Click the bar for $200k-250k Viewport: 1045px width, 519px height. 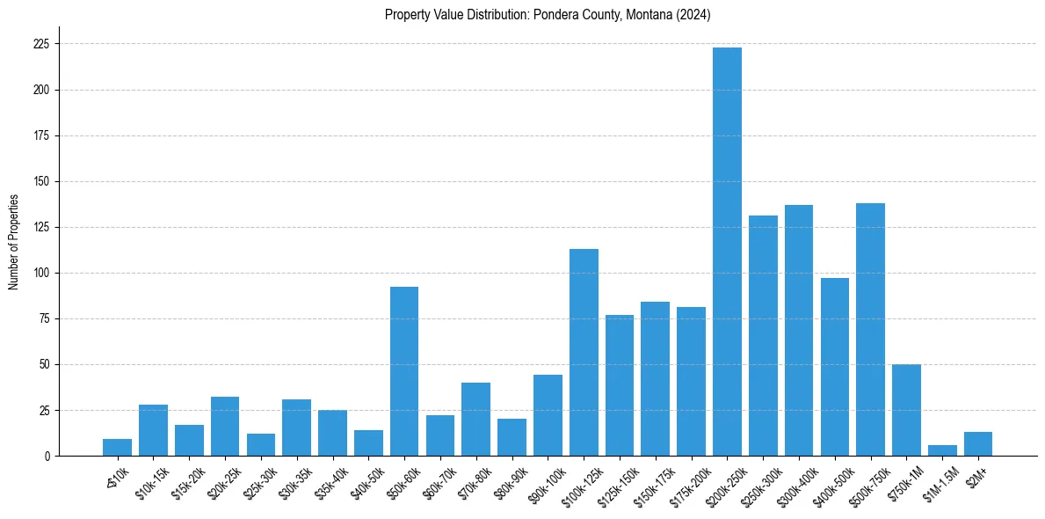pos(727,252)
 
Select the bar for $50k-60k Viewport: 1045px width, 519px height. pos(404,371)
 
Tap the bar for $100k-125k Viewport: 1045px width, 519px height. pos(584,352)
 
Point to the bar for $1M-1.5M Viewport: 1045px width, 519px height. pos(942,450)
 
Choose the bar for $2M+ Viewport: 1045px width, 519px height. pos(978,444)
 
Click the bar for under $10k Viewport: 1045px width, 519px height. pos(117,448)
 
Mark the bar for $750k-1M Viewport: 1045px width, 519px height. pos(906,410)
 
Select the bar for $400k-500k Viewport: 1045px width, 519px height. pos(834,367)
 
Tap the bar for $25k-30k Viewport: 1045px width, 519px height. pos(261,445)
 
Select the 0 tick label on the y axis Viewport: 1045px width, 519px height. pos(47,456)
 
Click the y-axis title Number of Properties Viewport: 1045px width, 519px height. pos(13,241)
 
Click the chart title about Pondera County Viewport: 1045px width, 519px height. pos(548,15)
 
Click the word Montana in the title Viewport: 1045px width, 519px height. pos(648,15)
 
